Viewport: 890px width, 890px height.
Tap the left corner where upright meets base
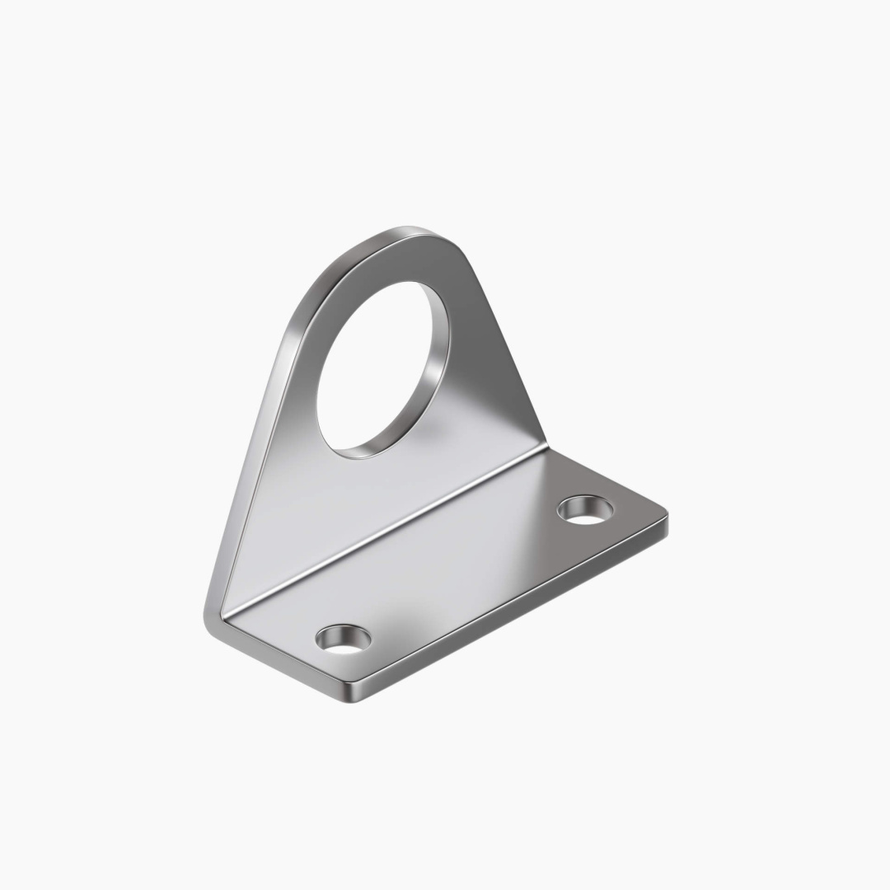tap(216, 614)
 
